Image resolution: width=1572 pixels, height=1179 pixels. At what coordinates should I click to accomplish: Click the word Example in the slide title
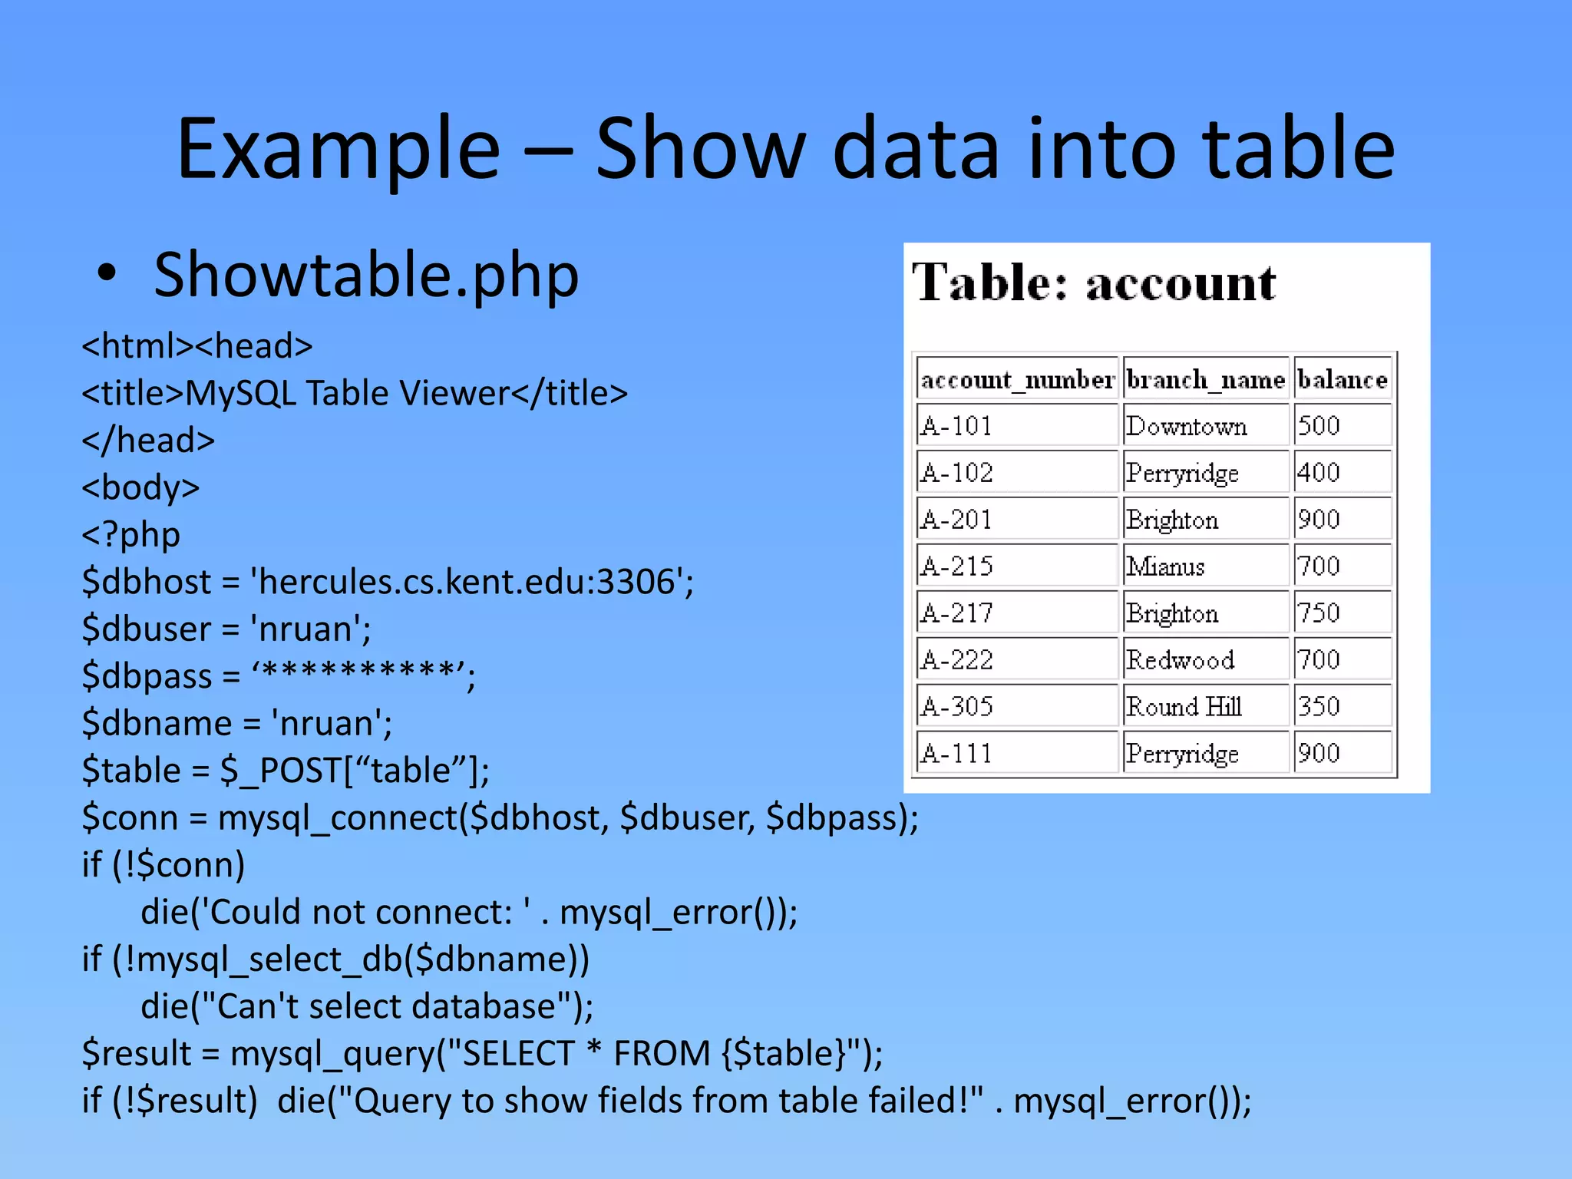pyautogui.click(x=339, y=149)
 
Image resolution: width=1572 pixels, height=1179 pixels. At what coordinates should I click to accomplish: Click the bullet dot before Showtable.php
pyautogui.click(x=107, y=273)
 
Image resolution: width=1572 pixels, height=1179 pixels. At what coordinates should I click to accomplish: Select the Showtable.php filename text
pyautogui.click(x=366, y=275)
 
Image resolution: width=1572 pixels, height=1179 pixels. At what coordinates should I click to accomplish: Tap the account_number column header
pyautogui.click(x=1017, y=379)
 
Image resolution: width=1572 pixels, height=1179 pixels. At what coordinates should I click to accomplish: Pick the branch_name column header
pyautogui.click(x=1205, y=379)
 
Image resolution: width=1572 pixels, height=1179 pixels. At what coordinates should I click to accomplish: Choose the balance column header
pyautogui.click(x=1342, y=379)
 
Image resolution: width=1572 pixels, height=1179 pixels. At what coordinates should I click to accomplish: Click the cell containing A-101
pyautogui.click(x=956, y=426)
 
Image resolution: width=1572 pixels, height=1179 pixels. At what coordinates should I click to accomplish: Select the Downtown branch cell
pyautogui.click(x=1187, y=426)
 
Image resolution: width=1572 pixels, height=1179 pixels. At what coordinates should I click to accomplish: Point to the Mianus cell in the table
pyautogui.click(x=1166, y=566)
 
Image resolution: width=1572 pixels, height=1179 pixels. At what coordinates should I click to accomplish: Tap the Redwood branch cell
pyautogui.click(x=1181, y=660)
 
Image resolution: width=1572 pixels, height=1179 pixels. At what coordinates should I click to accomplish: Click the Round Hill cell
pyautogui.click(x=1184, y=707)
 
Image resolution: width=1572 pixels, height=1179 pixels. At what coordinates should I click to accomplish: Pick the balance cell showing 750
pyautogui.click(x=1319, y=613)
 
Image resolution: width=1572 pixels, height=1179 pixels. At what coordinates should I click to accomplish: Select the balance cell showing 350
pyautogui.click(x=1319, y=707)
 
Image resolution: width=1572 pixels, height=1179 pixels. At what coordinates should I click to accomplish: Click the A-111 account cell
pyautogui.click(x=956, y=754)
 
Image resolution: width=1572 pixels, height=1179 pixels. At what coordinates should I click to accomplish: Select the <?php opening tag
pyautogui.click(x=131, y=534)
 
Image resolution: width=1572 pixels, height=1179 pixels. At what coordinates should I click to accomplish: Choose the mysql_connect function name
pyautogui.click(x=338, y=817)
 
